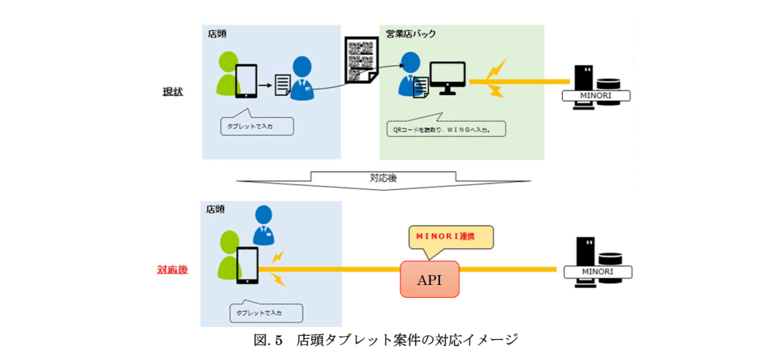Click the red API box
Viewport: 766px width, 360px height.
(429, 279)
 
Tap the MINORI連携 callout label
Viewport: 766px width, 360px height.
(450, 236)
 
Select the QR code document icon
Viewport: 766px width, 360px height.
(360, 60)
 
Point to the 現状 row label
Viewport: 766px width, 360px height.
(173, 91)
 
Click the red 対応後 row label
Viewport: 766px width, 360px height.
(172, 268)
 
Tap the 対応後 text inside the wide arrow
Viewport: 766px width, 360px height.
(383, 179)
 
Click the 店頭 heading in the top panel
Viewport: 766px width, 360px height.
(217, 34)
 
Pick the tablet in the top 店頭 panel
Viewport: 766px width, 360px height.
(246, 81)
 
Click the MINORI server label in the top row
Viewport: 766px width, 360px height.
(597, 96)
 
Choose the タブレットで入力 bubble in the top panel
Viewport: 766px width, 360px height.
(256, 126)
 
